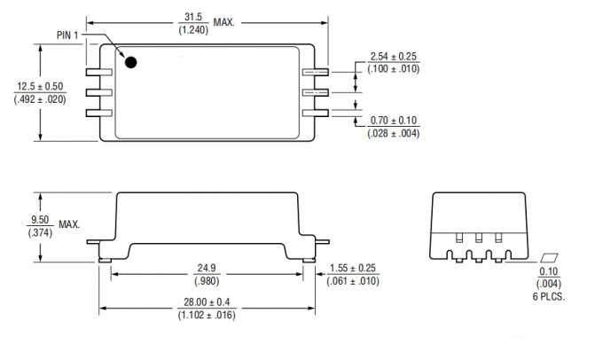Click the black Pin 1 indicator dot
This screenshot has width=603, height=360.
[x=130, y=62]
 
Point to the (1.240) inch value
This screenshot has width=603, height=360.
[x=192, y=31]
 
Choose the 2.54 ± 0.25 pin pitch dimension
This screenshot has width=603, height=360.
[x=394, y=58]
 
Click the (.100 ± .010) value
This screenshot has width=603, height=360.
[x=394, y=70]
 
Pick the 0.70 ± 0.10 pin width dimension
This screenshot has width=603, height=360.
[x=394, y=121]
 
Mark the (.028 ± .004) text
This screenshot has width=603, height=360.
[x=394, y=133]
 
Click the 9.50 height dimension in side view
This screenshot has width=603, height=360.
[x=40, y=219]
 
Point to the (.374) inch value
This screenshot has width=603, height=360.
[x=40, y=231]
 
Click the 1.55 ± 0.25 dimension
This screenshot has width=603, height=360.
[x=354, y=269]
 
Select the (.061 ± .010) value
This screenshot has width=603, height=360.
[x=354, y=282]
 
